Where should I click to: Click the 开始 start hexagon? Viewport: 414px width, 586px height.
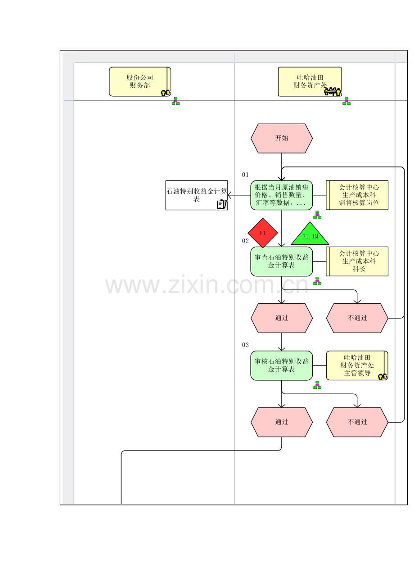pyautogui.click(x=282, y=138)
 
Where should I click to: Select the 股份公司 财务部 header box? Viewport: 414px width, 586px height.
pyautogui.click(x=140, y=81)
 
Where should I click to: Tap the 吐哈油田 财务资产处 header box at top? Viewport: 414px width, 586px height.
pyautogui.click(x=310, y=81)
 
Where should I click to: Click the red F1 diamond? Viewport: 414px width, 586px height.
pyautogui.click(x=263, y=233)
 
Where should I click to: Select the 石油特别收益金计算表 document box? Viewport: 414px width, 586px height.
pyautogui.click(x=197, y=195)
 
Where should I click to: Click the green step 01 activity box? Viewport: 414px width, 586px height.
pyautogui.click(x=282, y=195)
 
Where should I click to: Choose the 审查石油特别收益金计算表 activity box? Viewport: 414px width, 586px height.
pyautogui.click(x=282, y=261)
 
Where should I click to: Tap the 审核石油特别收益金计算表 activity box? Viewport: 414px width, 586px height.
pyautogui.click(x=282, y=365)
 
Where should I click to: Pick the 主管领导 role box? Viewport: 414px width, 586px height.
pyautogui.click(x=357, y=365)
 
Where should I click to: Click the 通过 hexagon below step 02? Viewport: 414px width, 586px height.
pyautogui.click(x=282, y=318)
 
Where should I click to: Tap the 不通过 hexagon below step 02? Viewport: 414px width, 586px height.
pyautogui.click(x=357, y=318)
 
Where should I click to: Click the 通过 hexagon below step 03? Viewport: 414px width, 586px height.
pyautogui.click(x=282, y=422)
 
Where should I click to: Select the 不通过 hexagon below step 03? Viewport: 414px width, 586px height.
pyautogui.click(x=357, y=422)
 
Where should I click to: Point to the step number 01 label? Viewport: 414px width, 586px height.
pyautogui.click(x=245, y=175)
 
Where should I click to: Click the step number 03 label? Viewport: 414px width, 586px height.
pyautogui.click(x=245, y=345)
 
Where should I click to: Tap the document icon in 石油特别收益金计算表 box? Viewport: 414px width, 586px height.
pyautogui.click(x=221, y=204)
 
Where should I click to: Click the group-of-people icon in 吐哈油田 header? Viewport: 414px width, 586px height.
pyautogui.click(x=333, y=92)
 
